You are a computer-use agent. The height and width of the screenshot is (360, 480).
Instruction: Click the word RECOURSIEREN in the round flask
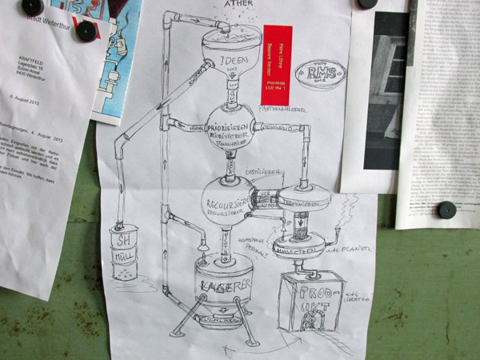(x=228, y=194)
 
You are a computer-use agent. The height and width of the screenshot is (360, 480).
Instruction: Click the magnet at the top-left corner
(x=32, y=6)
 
